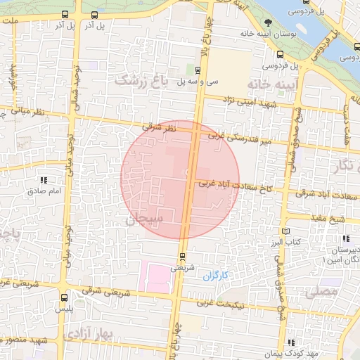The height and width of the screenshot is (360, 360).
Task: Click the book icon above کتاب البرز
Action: point(285,231)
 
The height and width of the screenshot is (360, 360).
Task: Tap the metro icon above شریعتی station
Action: point(183,257)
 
